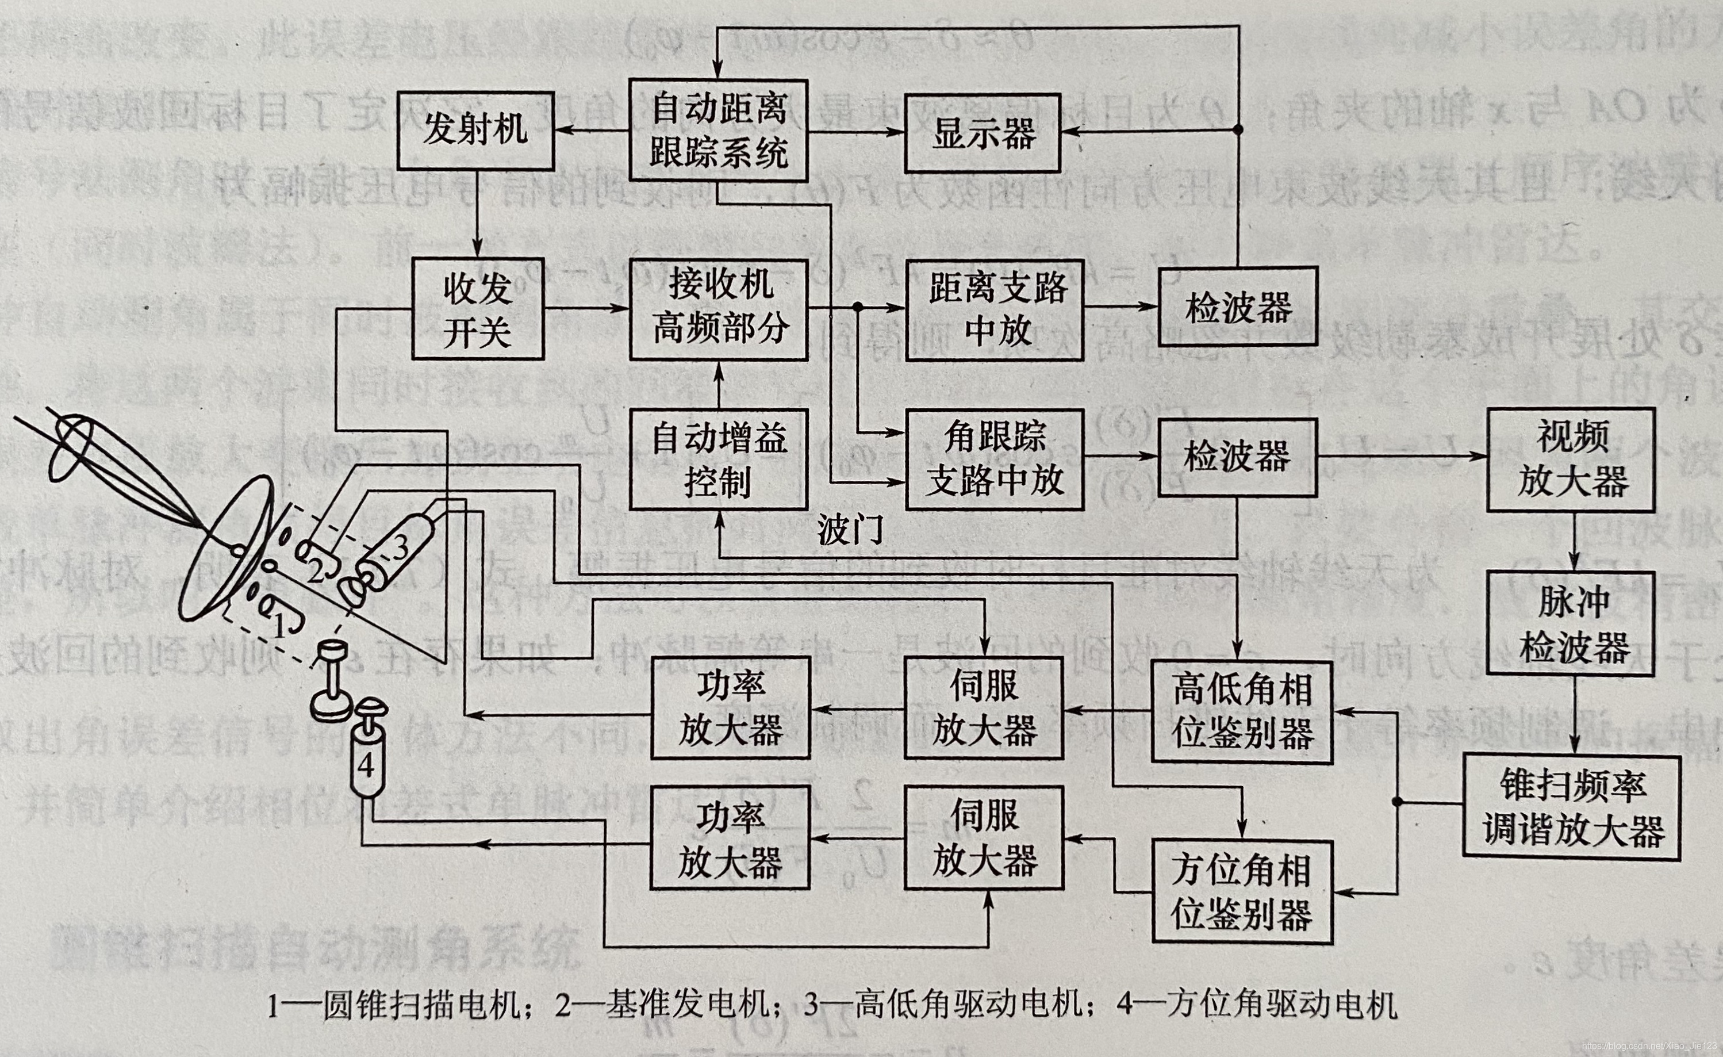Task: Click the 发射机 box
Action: (475, 131)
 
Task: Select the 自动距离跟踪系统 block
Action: (718, 131)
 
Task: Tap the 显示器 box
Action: (983, 133)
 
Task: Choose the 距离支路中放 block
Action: (995, 309)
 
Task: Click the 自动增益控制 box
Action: (718, 459)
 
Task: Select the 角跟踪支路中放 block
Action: (995, 459)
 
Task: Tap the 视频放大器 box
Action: (1571, 459)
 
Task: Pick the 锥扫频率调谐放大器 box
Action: (1571, 807)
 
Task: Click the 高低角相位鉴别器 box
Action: (1241, 711)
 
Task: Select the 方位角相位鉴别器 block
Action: (1241, 892)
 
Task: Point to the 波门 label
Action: (850, 530)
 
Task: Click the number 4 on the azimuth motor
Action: (366, 766)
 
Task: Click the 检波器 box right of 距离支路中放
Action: (1238, 307)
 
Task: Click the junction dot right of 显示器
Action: (1238, 130)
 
